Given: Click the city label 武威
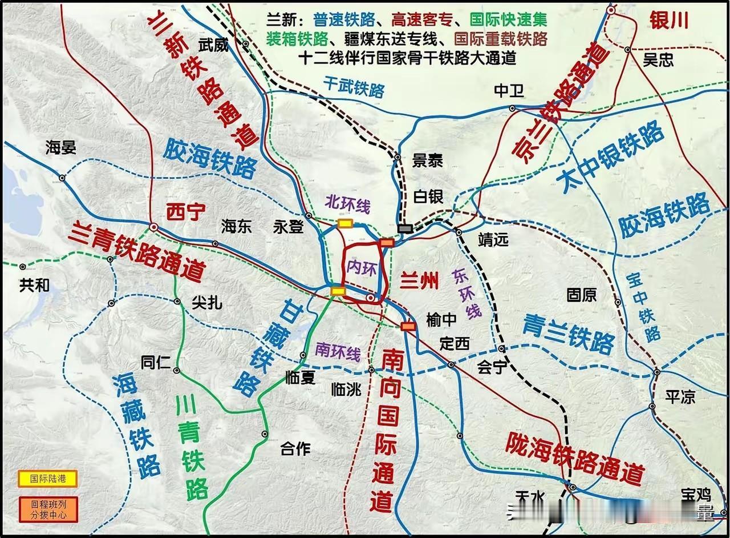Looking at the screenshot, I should coord(213,45).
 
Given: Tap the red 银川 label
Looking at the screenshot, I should coord(669,21).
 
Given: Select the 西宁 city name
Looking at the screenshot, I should coord(185,212).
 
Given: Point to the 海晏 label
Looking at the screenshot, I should coord(61,148).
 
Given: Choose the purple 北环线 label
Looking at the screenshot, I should coord(347,203).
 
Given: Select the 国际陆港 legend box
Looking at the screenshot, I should coord(48,479).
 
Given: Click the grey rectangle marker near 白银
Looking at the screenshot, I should coord(405,228).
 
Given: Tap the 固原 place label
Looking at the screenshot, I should coord(581,295).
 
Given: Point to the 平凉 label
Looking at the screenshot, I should coord(680,396).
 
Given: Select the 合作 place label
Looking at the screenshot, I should coord(296,449).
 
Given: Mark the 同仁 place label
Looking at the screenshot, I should coord(156,362).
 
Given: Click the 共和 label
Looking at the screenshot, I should coord(34,285).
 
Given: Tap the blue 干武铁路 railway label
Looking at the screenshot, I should coord(354,87).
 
